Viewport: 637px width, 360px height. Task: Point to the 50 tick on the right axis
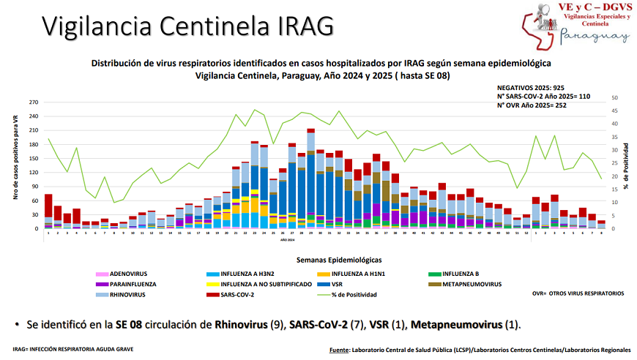tap(614, 98)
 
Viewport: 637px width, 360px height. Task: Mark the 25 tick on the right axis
tap(614, 163)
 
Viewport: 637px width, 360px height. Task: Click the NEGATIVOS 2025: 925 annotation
tap(532, 87)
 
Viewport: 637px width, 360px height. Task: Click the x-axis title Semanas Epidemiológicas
tap(338, 260)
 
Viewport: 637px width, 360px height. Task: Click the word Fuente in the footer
tap(339, 350)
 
